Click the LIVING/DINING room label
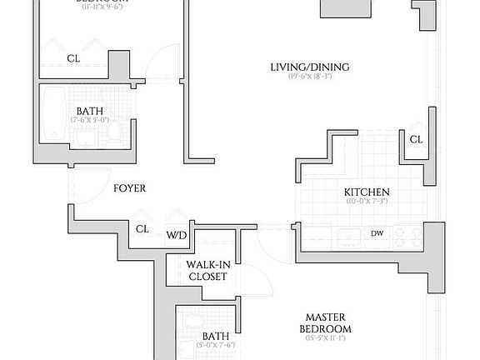point(309,67)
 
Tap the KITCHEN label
point(367,192)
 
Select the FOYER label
point(129,188)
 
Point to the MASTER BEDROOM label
point(327,322)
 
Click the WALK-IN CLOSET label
point(207,270)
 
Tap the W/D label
point(176,235)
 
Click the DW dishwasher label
point(377,233)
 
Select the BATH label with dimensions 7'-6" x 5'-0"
point(90,112)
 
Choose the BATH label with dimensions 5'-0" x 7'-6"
point(215,337)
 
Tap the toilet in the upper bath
point(115,131)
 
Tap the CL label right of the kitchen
point(416,140)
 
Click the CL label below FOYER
point(142,228)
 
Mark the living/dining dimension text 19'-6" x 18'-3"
point(309,77)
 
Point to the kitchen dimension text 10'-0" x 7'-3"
point(367,202)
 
